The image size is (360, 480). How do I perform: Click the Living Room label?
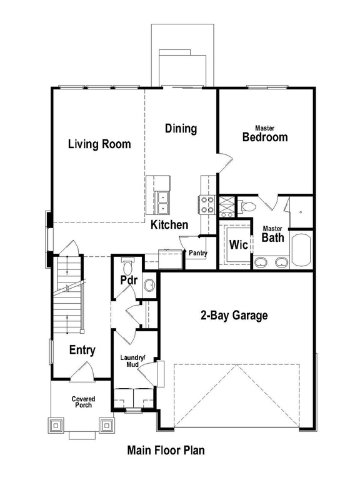tap(99, 144)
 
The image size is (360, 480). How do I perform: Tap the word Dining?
tap(181, 128)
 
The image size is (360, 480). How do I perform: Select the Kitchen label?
tap(169, 225)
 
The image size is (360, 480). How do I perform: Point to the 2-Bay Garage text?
tap(234, 315)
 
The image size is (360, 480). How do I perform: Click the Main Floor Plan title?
tap(166, 450)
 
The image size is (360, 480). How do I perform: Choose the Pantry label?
tap(198, 253)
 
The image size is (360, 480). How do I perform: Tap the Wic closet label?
tap(239, 244)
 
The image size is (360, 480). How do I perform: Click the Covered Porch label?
tap(83, 402)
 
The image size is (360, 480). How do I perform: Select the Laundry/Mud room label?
tap(133, 361)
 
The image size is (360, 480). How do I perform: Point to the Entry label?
tap(82, 350)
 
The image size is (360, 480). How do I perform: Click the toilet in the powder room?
tap(127, 266)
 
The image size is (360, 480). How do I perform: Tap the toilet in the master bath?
tap(247, 206)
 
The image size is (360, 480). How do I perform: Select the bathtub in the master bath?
tap(301, 250)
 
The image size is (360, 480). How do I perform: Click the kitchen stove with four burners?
tap(207, 204)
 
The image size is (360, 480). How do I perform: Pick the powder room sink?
tap(150, 285)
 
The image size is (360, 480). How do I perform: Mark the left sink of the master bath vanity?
tap(261, 262)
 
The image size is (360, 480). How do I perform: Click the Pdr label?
tap(129, 280)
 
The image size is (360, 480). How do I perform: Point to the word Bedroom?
tap(265, 137)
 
